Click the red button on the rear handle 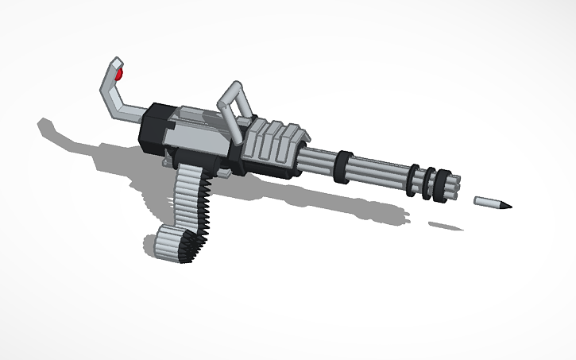120,75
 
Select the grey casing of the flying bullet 485,202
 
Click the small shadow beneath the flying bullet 446,226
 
